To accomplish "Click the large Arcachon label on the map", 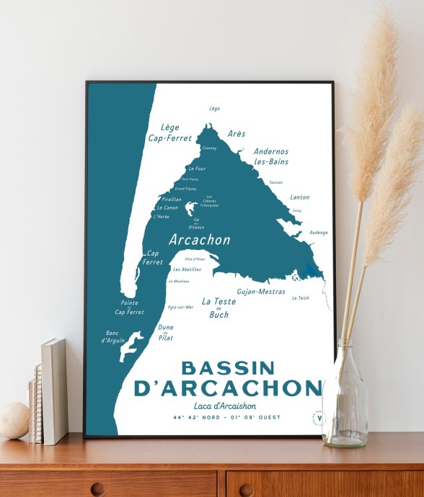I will pyautogui.click(x=199, y=239).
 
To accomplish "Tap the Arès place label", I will pyautogui.click(x=237, y=134).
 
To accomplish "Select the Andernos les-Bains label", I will pyautogui.click(x=271, y=156).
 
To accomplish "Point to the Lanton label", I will pyautogui.click(x=299, y=197).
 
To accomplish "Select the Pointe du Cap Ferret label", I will pyautogui.click(x=130, y=308).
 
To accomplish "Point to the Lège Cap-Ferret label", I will pyautogui.click(x=165, y=131).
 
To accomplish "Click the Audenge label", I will pyautogui.click(x=318, y=233).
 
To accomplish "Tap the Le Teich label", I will pyautogui.click(x=300, y=297).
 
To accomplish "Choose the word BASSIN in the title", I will pyautogui.click(x=228, y=368).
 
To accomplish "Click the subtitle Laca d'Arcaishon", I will pyautogui.click(x=225, y=406).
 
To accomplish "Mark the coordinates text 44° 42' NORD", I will pyautogui.click(x=196, y=418).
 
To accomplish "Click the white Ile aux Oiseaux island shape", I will pyautogui.click(x=191, y=209).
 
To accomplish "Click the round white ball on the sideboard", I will pyautogui.click(x=13, y=419).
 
